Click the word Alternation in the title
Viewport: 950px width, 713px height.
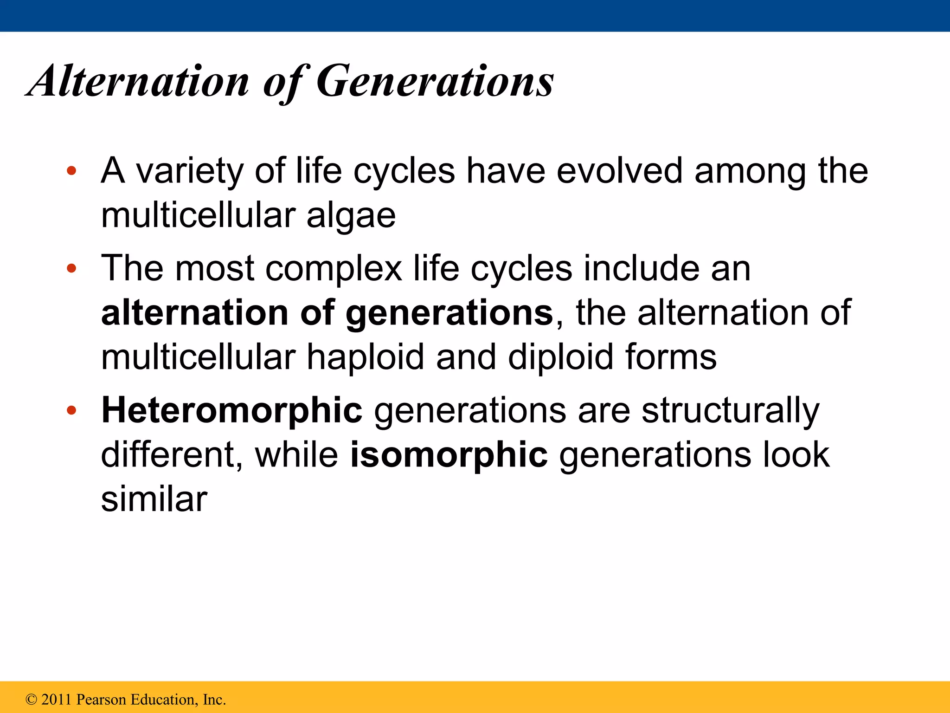(x=139, y=81)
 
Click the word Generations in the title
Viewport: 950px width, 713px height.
(x=435, y=81)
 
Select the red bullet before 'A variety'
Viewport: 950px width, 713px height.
(x=71, y=171)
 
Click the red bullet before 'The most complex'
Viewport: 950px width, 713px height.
(x=71, y=268)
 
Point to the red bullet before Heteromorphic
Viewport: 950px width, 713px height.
(x=71, y=410)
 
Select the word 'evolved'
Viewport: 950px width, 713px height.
(x=619, y=170)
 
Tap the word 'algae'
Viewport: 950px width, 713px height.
(x=351, y=216)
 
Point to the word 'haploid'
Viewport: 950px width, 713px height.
(x=366, y=357)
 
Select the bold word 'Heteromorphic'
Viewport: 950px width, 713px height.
(x=231, y=410)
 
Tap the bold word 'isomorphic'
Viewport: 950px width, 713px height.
(x=449, y=455)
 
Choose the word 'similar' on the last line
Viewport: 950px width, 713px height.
(x=154, y=499)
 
